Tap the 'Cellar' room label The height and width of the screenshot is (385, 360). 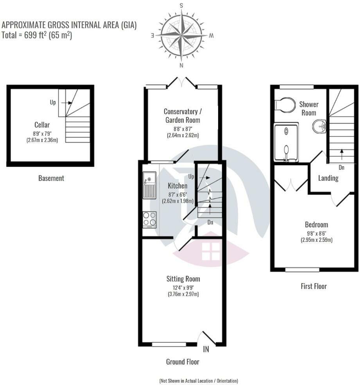[x=42, y=125]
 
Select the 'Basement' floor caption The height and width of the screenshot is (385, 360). [x=51, y=178]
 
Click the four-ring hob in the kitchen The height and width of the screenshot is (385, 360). [x=149, y=219]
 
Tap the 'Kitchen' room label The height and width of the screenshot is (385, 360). [x=177, y=186]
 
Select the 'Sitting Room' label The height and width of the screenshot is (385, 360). [x=183, y=279]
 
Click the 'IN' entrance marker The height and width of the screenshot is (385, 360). [x=206, y=349]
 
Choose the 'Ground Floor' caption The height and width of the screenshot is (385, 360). [x=183, y=362]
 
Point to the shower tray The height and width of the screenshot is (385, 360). [x=286, y=142]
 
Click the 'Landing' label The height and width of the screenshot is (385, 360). [x=328, y=178]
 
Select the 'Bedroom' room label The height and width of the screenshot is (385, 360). [x=316, y=225]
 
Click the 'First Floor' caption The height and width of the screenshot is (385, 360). [x=313, y=286]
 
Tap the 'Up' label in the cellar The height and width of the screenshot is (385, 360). [x=53, y=103]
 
